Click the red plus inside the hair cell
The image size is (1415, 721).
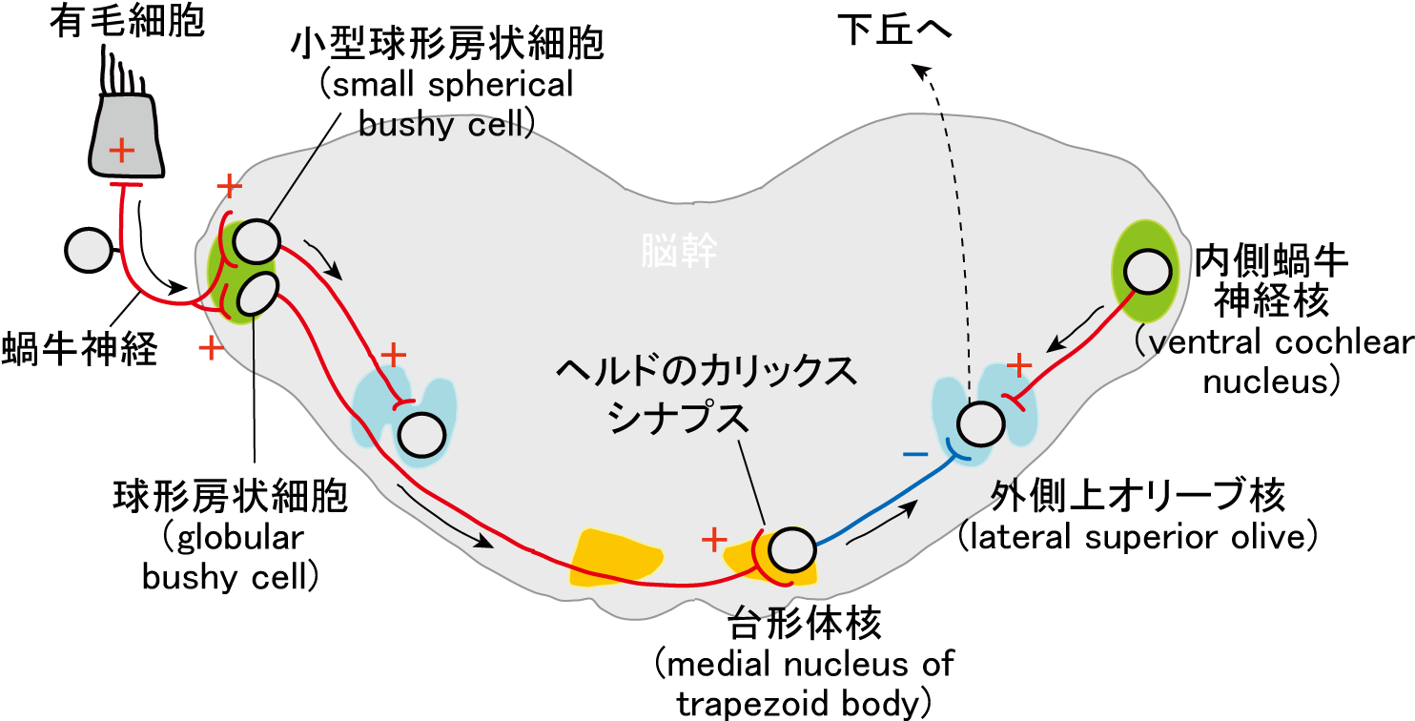121,150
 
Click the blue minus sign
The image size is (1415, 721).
913,456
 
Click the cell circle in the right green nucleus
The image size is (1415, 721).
1146,273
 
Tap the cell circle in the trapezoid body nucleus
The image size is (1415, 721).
792,550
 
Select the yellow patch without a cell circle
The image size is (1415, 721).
616,556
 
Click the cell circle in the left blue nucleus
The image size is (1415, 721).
421,436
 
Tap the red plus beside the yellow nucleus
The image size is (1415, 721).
714,541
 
